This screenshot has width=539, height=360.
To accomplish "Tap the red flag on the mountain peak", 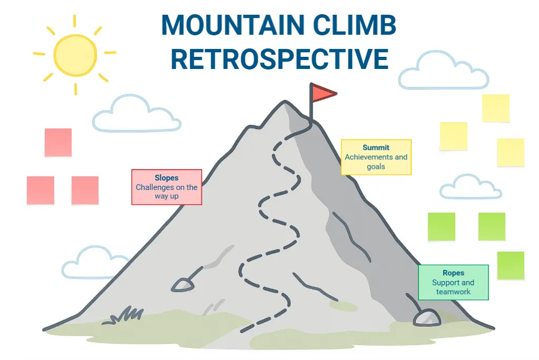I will pos(322,93).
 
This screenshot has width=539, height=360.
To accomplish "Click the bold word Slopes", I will pos(166,178).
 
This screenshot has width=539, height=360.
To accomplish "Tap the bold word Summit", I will pos(376,148).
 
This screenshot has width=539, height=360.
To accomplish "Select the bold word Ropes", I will pos(453,273).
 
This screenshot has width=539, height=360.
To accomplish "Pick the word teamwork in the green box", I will pos(453,292).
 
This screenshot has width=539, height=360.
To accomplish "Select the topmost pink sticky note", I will pos(58,142).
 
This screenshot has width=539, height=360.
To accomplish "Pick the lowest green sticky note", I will pos(511,265).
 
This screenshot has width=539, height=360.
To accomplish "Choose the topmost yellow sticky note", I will pos(496,108).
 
